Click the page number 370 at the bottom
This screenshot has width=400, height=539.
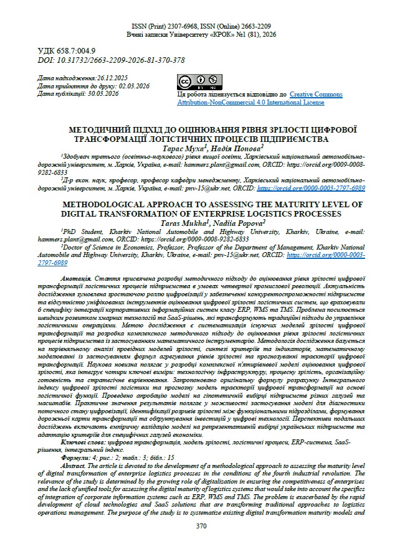click(x=200, y=526)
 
